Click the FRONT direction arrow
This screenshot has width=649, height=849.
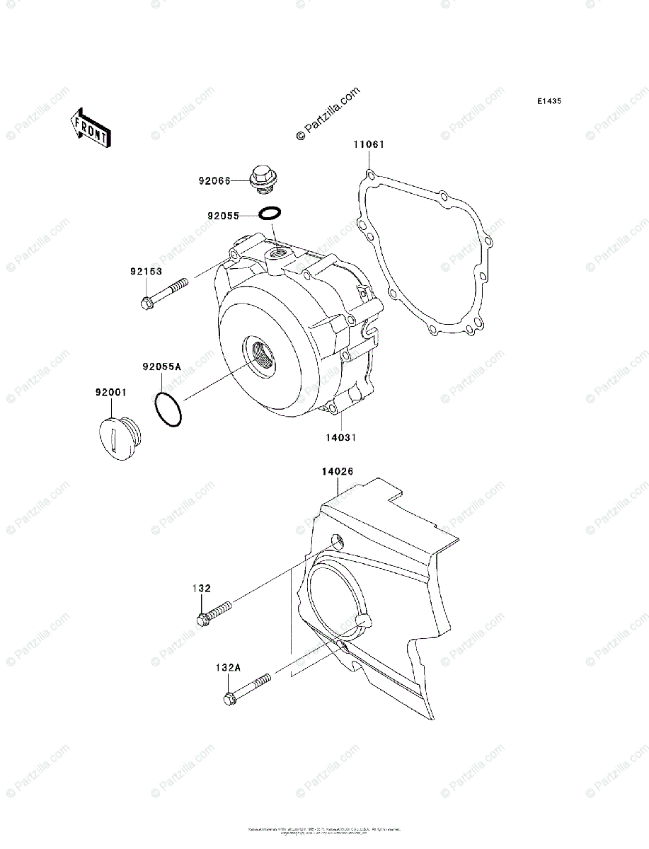pyautogui.click(x=88, y=127)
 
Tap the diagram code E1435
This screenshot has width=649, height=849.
pyautogui.click(x=549, y=102)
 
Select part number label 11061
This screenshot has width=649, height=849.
pyautogui.click(x=369, y=145)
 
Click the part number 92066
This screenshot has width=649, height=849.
pyautogui.click(x=214, y=180)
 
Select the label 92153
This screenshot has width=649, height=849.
pyautogui.click(x=145, y=271)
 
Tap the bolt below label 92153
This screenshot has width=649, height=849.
pyautogui.click(x=165, y=293)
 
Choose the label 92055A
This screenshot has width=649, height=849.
pyautogui.click(x=161, y=367)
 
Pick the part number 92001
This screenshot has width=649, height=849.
pyautogui.click(x=110, y=390)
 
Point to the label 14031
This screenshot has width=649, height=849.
pyautogui.click(x=340, y=437)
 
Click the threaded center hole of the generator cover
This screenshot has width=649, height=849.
pyautogui.click(x=260, y=354)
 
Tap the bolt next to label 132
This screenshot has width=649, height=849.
pyautogui.click(x=215, y=613)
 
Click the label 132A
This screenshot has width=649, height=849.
pyautogui.click(x=229, y=666)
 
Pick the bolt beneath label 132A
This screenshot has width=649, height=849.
pyautogui.click(x=247, y=689)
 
